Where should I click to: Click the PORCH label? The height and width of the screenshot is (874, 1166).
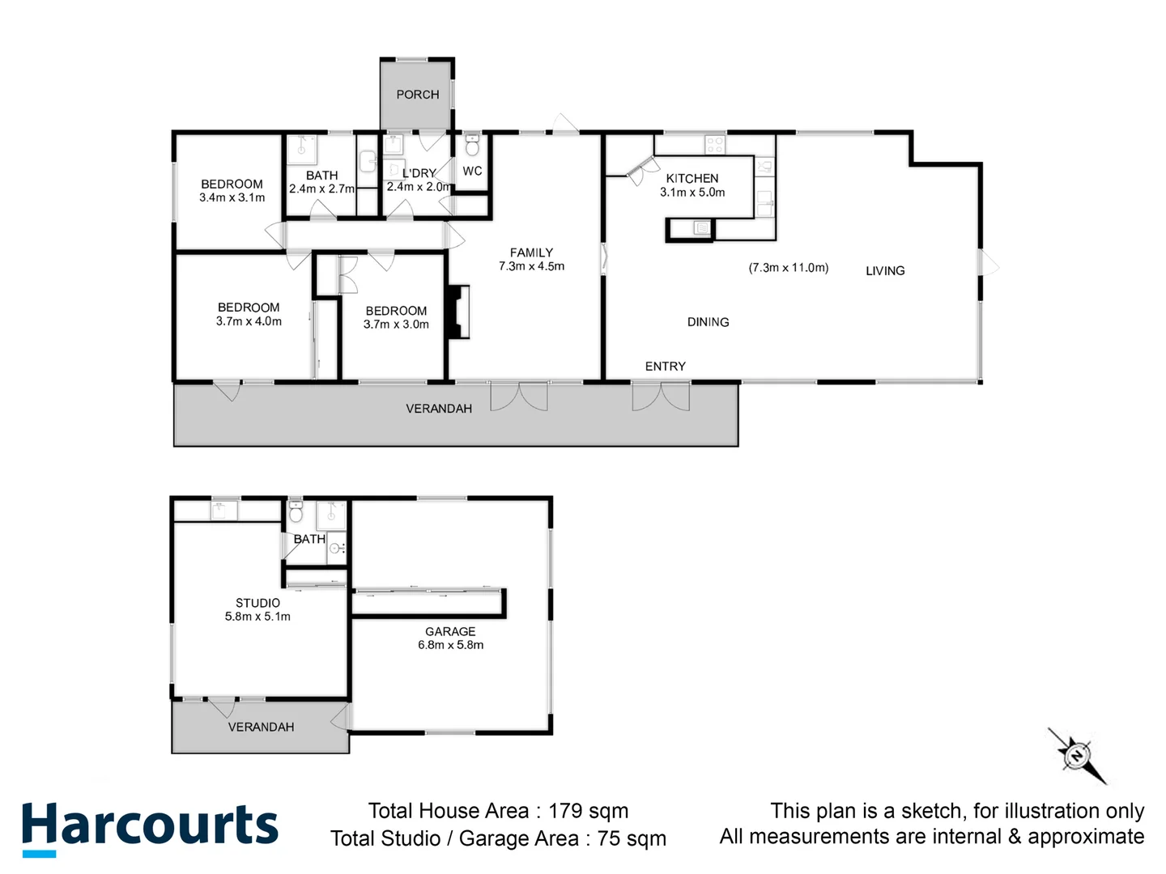pyautogui.click(x=417, y=95)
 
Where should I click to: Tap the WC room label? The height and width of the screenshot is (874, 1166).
pyautogui.click(x=472, y=172)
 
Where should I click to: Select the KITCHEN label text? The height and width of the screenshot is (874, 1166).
pyautogui.click(x=692, y=178)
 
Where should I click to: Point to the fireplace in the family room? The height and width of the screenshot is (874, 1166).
pyautogui.click(x=459, y=311)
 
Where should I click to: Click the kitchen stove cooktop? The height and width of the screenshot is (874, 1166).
pyautogui.click(x=714, y=145)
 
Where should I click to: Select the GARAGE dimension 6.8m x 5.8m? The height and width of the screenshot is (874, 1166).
pyautogui.click(x=450, y=645)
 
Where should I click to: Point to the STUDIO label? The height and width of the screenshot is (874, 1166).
pyautogui.click(x=257, y=603)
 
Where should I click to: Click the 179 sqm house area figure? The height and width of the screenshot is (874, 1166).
pyautogui.click(x=588, y=811)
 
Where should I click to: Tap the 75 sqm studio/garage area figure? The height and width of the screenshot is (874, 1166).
pyautogui.click(x=632, y=838)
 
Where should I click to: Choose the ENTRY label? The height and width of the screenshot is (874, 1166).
pyautogui.click(x=666, y=367)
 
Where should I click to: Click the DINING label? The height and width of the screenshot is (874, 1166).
pyautogui.click(x=708, y=322)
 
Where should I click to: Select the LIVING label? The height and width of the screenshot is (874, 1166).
pyautogui.click(x=885, y=271)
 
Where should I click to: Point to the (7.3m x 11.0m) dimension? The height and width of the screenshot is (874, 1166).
pyautogui.click(x=788, y=268)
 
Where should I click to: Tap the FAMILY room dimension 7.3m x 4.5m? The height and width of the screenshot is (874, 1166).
pyautogui.click(x=531, y=266)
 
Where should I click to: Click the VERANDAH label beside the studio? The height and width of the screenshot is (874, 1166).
pyautogui.click(x=261, y=727)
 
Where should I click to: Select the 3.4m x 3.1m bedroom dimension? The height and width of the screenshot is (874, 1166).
pyautogui.click(x=232, y=197)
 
